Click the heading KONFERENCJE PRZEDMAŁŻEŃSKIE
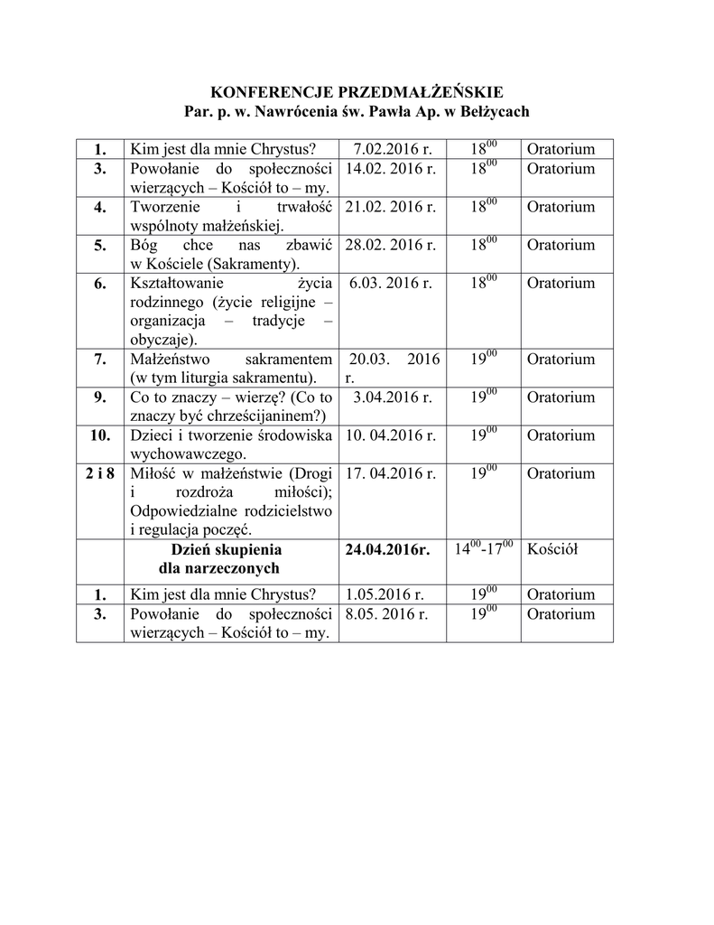[357, 92]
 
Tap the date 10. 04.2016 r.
[391, 434]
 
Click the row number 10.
[99, 434]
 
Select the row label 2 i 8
[99, 472]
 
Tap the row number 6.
[99, 283]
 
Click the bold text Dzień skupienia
[219, 549]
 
